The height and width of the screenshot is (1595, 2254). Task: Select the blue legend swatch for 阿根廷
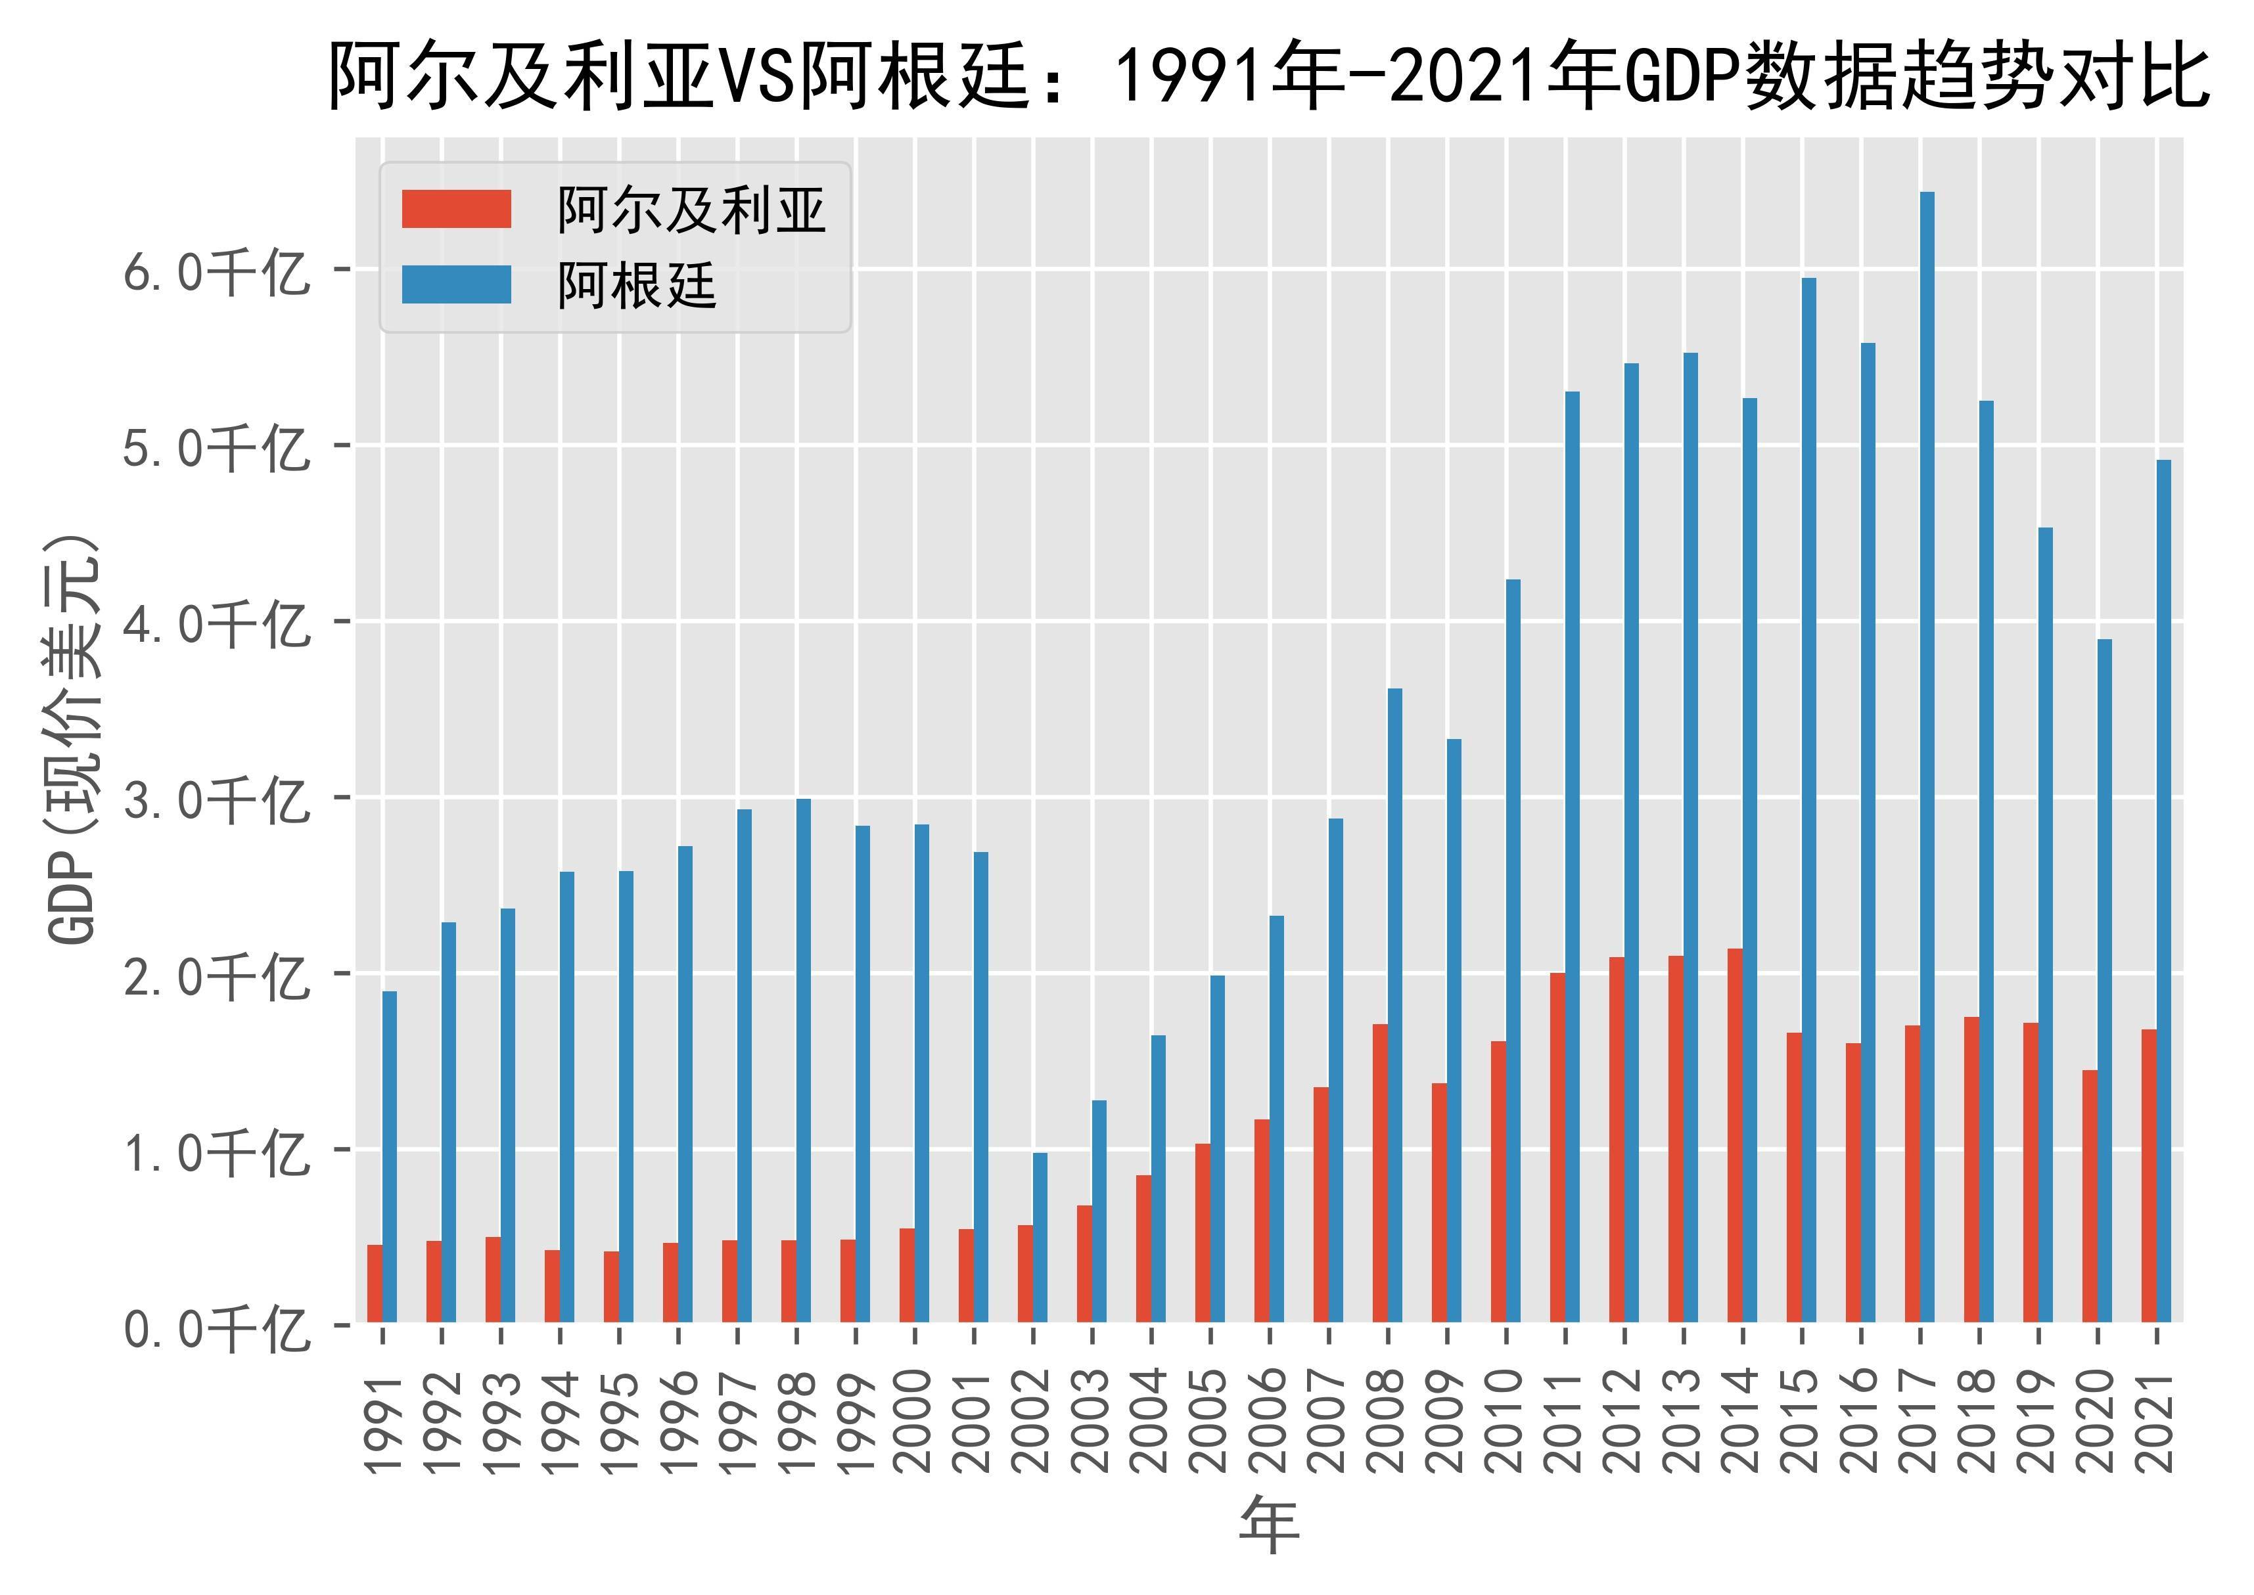click(456, 285)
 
